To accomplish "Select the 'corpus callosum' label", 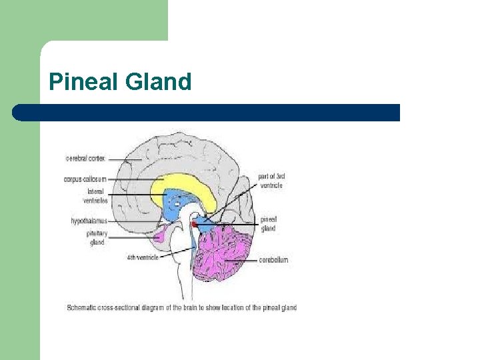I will click(85, 179).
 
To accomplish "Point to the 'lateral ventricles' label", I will click(95, 196).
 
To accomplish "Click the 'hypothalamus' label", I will click(89, 221).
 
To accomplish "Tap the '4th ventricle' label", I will click(142, 257).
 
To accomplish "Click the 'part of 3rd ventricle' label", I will click(271, 181).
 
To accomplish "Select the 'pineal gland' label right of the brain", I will click(268, 223).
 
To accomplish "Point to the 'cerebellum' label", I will click(273, 260).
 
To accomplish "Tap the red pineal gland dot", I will click(194, 224).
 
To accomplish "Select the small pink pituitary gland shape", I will click(160, 235).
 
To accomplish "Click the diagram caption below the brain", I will click(181, 308).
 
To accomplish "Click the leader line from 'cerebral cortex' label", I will click(120, 159).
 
